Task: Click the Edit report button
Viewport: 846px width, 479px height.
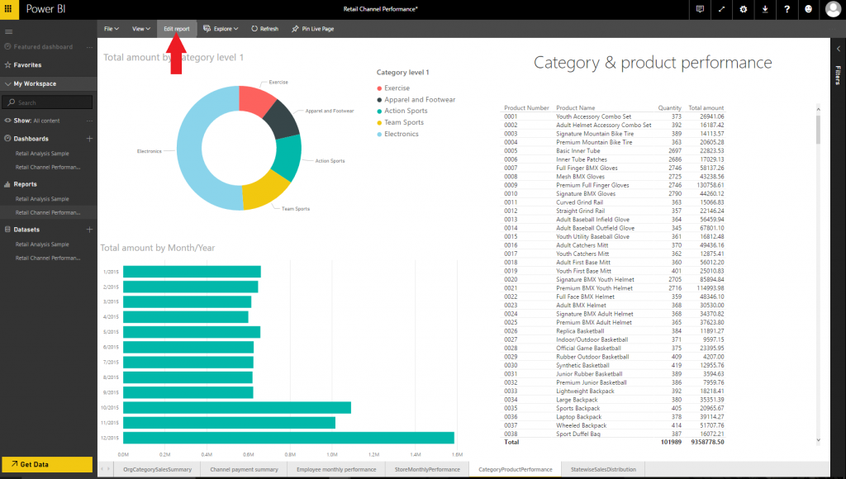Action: coord(176,29)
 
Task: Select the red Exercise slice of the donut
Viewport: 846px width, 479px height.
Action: coord(254,99)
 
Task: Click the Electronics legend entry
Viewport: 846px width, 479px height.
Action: coord(401,134)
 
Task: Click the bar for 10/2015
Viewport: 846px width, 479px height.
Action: coord(236,407)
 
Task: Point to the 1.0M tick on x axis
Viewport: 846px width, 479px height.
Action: coord(331,454)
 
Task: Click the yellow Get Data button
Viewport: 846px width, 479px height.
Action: coord(46,464)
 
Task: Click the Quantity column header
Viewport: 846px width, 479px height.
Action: coord(669,108)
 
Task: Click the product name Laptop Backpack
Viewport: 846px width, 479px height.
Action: coord(578,417)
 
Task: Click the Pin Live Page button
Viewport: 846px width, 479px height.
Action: coord(312,29)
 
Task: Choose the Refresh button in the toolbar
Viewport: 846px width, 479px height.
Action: coord(264,29)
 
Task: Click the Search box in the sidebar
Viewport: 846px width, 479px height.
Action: coord(48,102)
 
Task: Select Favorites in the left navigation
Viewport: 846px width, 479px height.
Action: coord(26,64)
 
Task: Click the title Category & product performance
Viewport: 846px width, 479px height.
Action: coord(653,63)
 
